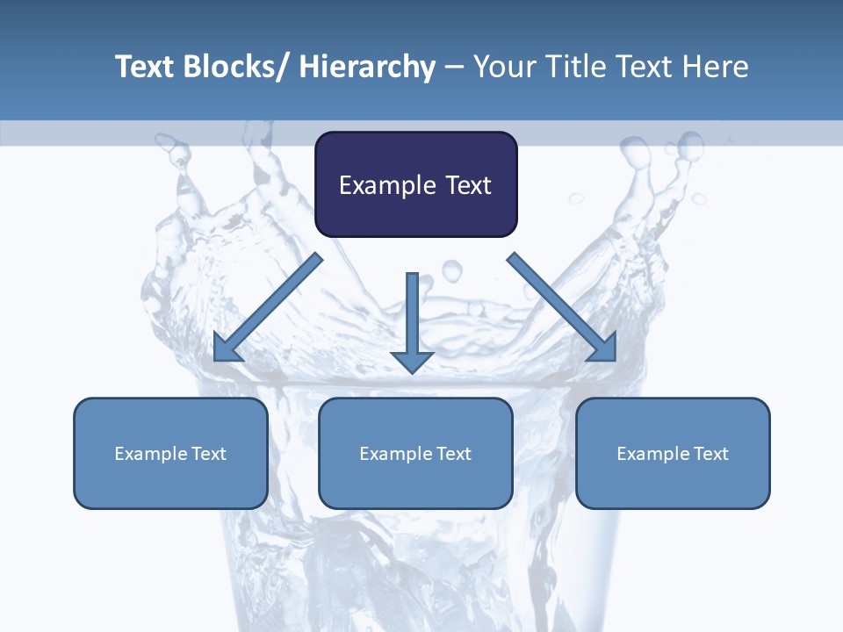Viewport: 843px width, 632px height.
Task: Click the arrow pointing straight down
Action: pos(412,321)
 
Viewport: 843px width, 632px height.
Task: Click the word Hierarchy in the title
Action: pos(367,67)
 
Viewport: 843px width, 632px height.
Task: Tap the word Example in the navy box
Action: pos(386,185)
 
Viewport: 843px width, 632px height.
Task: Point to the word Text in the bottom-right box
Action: pos(712,454)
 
